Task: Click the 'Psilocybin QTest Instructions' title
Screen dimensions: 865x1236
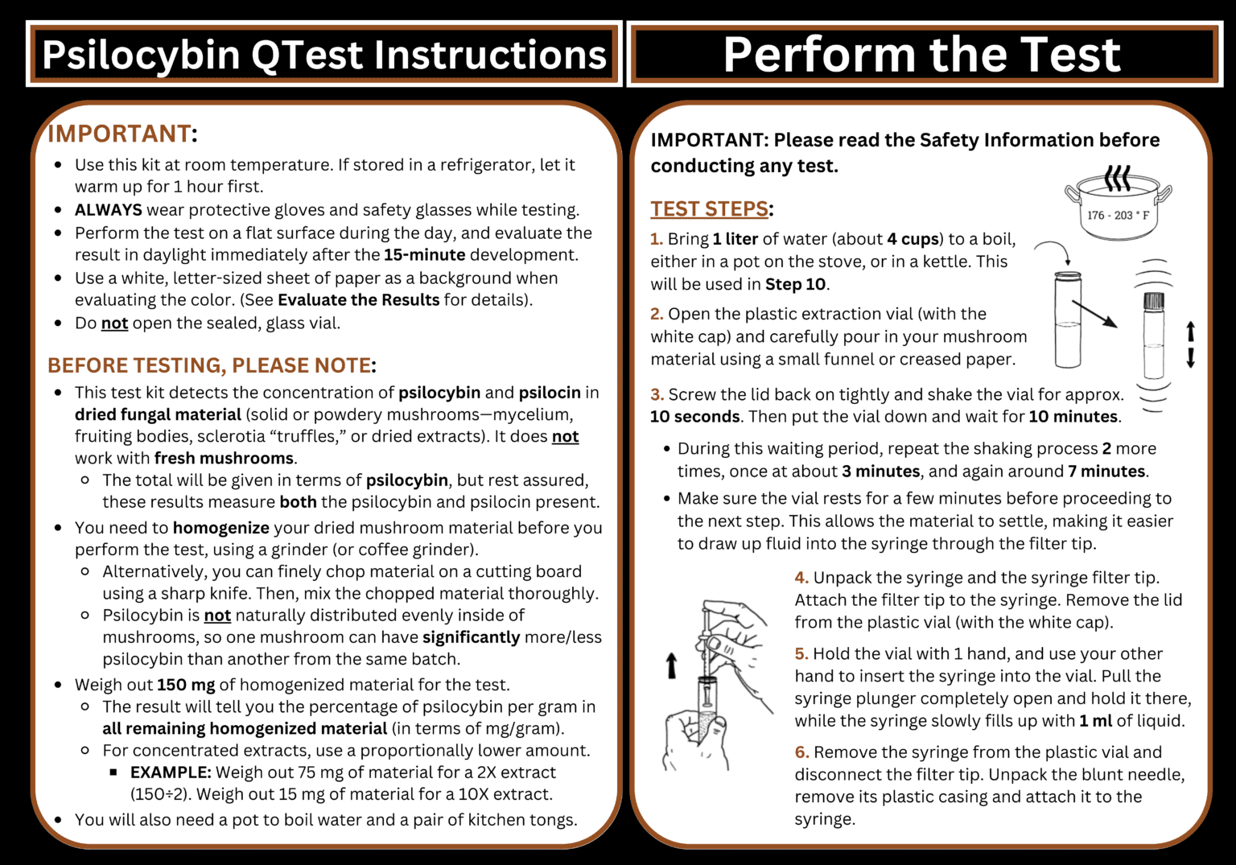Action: (x=323, y=55)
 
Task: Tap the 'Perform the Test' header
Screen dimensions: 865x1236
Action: (x=921, y=55)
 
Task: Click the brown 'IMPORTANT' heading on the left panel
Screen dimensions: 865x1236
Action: (x=120, y=134)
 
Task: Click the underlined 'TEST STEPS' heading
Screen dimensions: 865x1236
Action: (x=709, y=209)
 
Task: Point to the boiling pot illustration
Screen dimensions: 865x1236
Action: (x=1118, y=204)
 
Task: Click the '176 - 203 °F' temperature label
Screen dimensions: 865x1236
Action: (x=1118, y=216)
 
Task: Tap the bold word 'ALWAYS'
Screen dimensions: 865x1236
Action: (x=108, y=210)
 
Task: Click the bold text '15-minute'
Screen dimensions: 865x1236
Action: (x=424, y=255)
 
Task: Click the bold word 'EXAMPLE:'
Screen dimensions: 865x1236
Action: (x=171, y=772)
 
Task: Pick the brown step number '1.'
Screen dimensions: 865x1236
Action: (x=657, y=239)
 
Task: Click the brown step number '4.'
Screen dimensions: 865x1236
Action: (x=801, y=578)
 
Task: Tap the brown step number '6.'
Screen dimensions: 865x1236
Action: (x=801, y=752)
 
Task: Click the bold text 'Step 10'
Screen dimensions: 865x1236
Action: (x=795, y=284)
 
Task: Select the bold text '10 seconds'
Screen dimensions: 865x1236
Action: (x=694, y=417)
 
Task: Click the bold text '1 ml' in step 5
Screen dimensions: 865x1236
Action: (x=1095, y=721)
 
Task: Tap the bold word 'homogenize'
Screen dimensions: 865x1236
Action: (x=220, y=528)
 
